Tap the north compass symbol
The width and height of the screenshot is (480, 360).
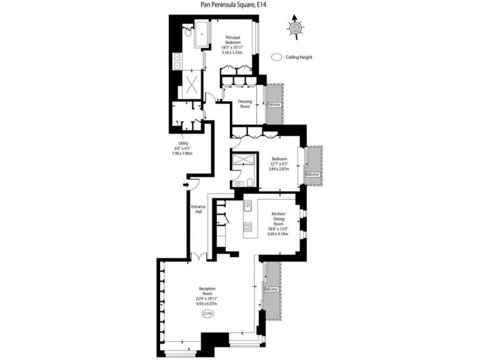tap(296, 27)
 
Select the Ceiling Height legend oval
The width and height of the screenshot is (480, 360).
tap(277, 57)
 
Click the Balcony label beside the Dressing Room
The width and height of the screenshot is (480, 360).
tap(274, 104)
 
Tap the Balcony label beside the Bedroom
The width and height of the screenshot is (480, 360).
tap(312, 174)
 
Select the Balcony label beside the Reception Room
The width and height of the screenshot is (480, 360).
tap(271, 289)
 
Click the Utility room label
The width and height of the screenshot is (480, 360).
tap(182, 143)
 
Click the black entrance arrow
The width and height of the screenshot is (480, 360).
tap(186, 184)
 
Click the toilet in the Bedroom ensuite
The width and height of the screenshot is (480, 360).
tap(248, 182)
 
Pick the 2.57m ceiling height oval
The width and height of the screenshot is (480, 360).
tap(207, 313)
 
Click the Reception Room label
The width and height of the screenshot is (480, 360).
tap(207, 291)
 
